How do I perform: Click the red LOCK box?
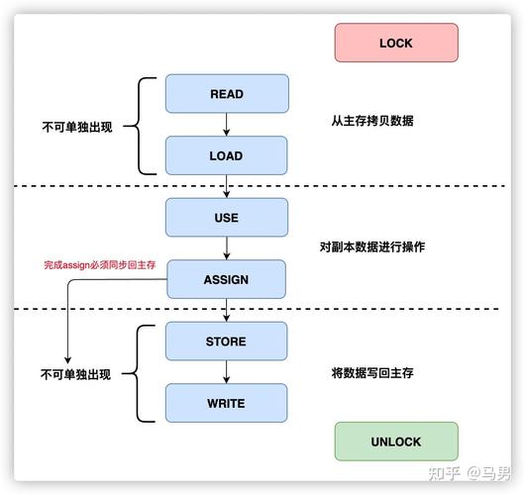(395, 44)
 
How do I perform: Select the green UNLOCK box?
(395, 442)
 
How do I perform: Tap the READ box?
(226, 94)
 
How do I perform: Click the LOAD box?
(226, 155)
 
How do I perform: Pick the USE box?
(226, 218)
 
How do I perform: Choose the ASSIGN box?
(226, 279)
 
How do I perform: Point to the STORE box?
(226, 342)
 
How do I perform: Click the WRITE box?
(226, 403)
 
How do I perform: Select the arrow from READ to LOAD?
(226, 125)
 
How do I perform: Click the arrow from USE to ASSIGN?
(226, 248)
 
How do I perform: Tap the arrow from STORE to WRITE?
(226, 372)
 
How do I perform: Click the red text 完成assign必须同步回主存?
(99, 265)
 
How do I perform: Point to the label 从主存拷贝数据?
(372, 121)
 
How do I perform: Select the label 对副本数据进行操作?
(372, 247)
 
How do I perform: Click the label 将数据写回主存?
(372, 373)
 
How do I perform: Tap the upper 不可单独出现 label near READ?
(76, 128)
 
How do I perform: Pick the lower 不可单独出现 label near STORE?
(76, 375)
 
